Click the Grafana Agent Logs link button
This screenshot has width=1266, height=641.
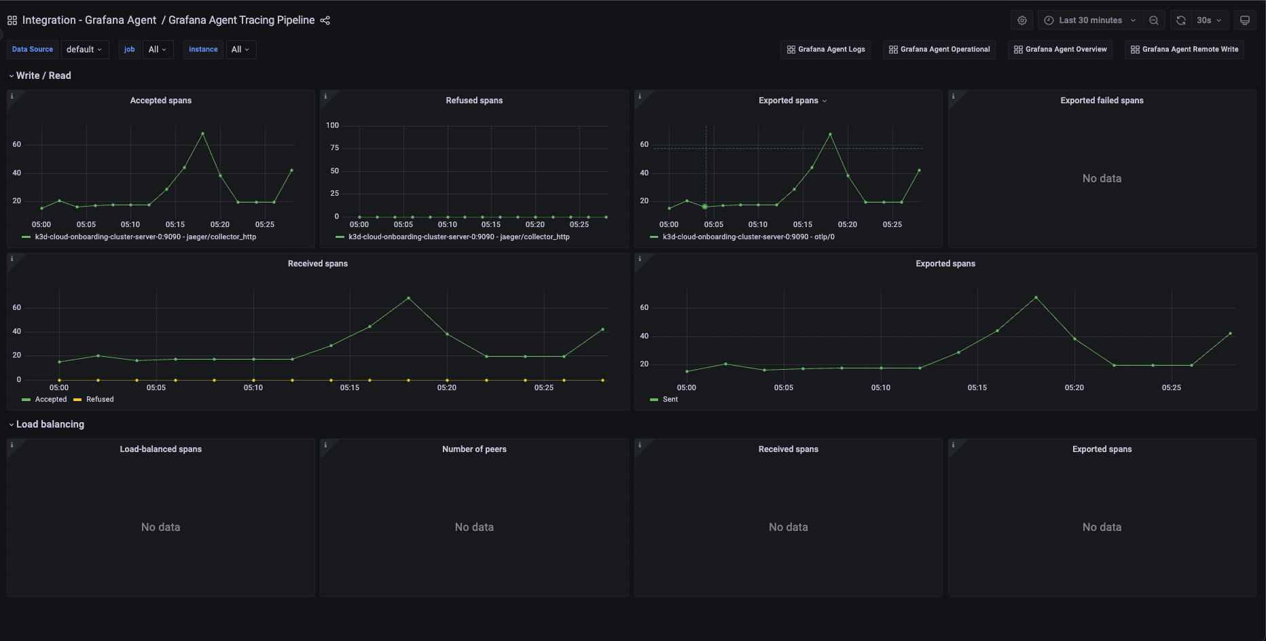point(825,50)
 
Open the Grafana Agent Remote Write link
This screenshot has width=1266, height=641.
point(1184,50)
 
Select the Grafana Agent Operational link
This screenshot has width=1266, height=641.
point(939,50)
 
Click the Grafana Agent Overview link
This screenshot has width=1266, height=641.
point(1060,50)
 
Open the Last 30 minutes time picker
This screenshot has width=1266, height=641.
point(1089,20)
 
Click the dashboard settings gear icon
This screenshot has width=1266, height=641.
point(1022,20)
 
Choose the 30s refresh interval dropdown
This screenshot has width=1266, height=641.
point(1209,20)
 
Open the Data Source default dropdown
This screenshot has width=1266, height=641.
point(84,50)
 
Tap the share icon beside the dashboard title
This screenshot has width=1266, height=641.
point(325,20)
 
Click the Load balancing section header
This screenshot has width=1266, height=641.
point(50,424)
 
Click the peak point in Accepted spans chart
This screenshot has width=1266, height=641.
point(202,134)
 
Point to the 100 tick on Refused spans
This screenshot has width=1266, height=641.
point(332,125)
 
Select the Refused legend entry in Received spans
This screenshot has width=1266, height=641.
point(100,400)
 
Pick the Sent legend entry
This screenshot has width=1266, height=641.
point(670,400)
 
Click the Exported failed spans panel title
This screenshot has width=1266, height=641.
point(1102,101)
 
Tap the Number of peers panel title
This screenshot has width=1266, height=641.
point(474,449)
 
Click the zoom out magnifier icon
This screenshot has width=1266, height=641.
point(1153,20)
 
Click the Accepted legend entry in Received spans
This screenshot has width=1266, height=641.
point(51,400)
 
